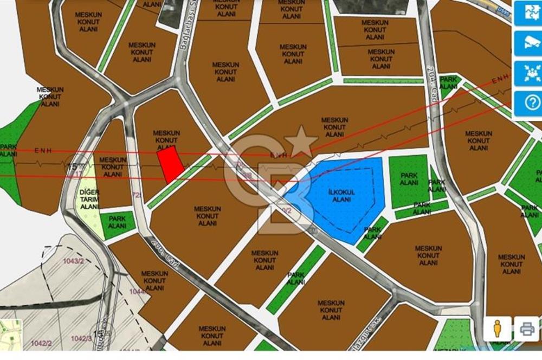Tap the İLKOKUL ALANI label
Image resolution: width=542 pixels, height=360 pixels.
[x=341, y=196]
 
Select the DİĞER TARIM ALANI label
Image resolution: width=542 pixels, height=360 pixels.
[x=89, y=199]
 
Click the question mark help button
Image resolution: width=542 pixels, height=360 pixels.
[x=526, y=101]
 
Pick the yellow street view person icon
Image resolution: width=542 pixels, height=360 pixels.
[x=497, y=328]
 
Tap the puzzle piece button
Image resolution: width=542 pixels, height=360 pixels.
[x=526, y=14]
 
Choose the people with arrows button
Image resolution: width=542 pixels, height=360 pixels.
[x=526, y=72]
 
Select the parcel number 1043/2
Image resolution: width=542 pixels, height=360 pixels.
[x=73, y=261]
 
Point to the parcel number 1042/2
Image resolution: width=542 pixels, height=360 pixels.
[x=41, y=343]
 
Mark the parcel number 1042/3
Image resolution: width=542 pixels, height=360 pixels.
[x=81, y=338]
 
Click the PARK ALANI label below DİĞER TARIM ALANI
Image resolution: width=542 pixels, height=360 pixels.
[x=117, y=222]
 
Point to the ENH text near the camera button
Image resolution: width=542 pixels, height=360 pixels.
[x=500, y=79]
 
